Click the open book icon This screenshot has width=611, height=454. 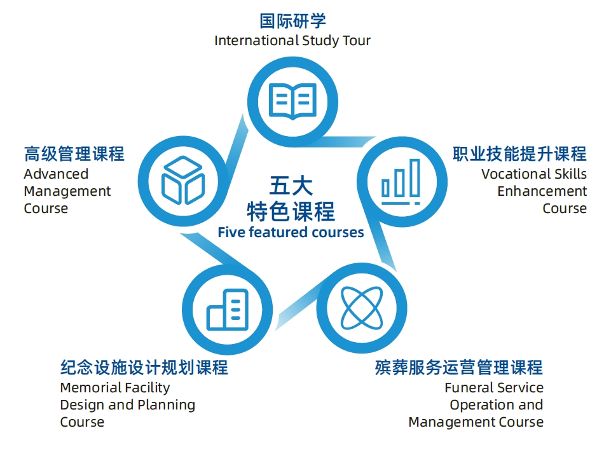(292, 100)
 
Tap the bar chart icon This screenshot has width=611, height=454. (401, 181)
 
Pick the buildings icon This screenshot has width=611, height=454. (227, 309)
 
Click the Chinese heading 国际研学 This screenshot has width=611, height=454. (292, 21)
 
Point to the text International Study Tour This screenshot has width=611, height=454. (292, 41)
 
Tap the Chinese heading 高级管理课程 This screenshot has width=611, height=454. (74, 154)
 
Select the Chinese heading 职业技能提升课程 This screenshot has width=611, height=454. (519, 154)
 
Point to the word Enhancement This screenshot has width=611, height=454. (542, 191)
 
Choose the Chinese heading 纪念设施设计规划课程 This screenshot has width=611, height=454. (144, 368)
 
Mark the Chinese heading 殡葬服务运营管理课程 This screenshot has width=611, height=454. (459, 368)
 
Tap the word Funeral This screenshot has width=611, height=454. (467, 387)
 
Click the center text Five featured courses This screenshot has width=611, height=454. (291, 232)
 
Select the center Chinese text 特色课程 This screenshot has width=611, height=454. (291, 210)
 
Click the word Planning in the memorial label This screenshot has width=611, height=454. (171, 404)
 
